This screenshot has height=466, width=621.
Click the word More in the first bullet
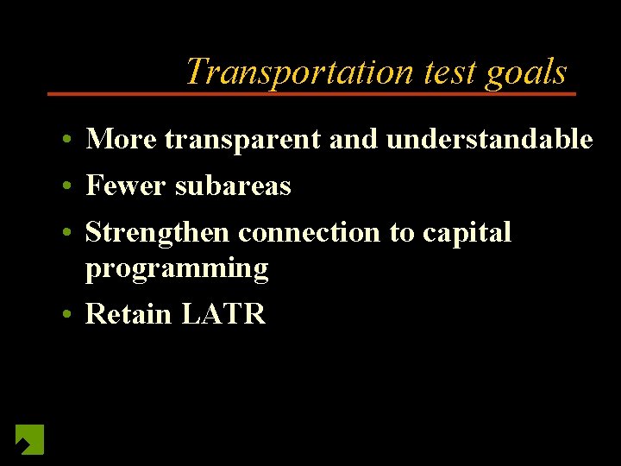122,139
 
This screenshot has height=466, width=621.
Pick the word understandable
489,139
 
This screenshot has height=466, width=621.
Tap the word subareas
233,186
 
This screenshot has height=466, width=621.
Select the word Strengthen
159,233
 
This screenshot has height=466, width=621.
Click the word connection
309,232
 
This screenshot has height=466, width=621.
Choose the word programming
177,269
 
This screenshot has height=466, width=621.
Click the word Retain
129,314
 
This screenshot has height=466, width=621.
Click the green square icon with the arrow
29,439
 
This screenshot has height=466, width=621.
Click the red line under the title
310,93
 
